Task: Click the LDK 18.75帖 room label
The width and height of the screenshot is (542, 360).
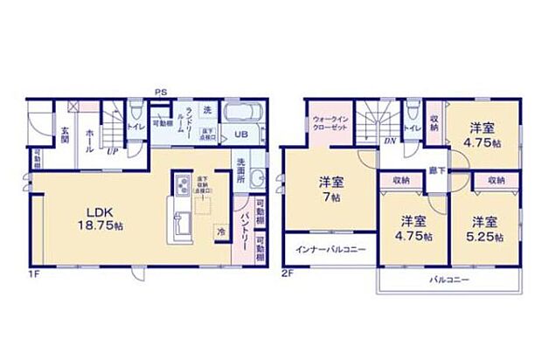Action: [x=85, y=217]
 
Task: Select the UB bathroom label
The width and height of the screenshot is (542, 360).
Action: [x=240, y=135]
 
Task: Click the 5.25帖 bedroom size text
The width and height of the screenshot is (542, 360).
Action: [x=488, y=236]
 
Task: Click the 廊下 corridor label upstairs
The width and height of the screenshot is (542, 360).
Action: [x=434, y=171]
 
